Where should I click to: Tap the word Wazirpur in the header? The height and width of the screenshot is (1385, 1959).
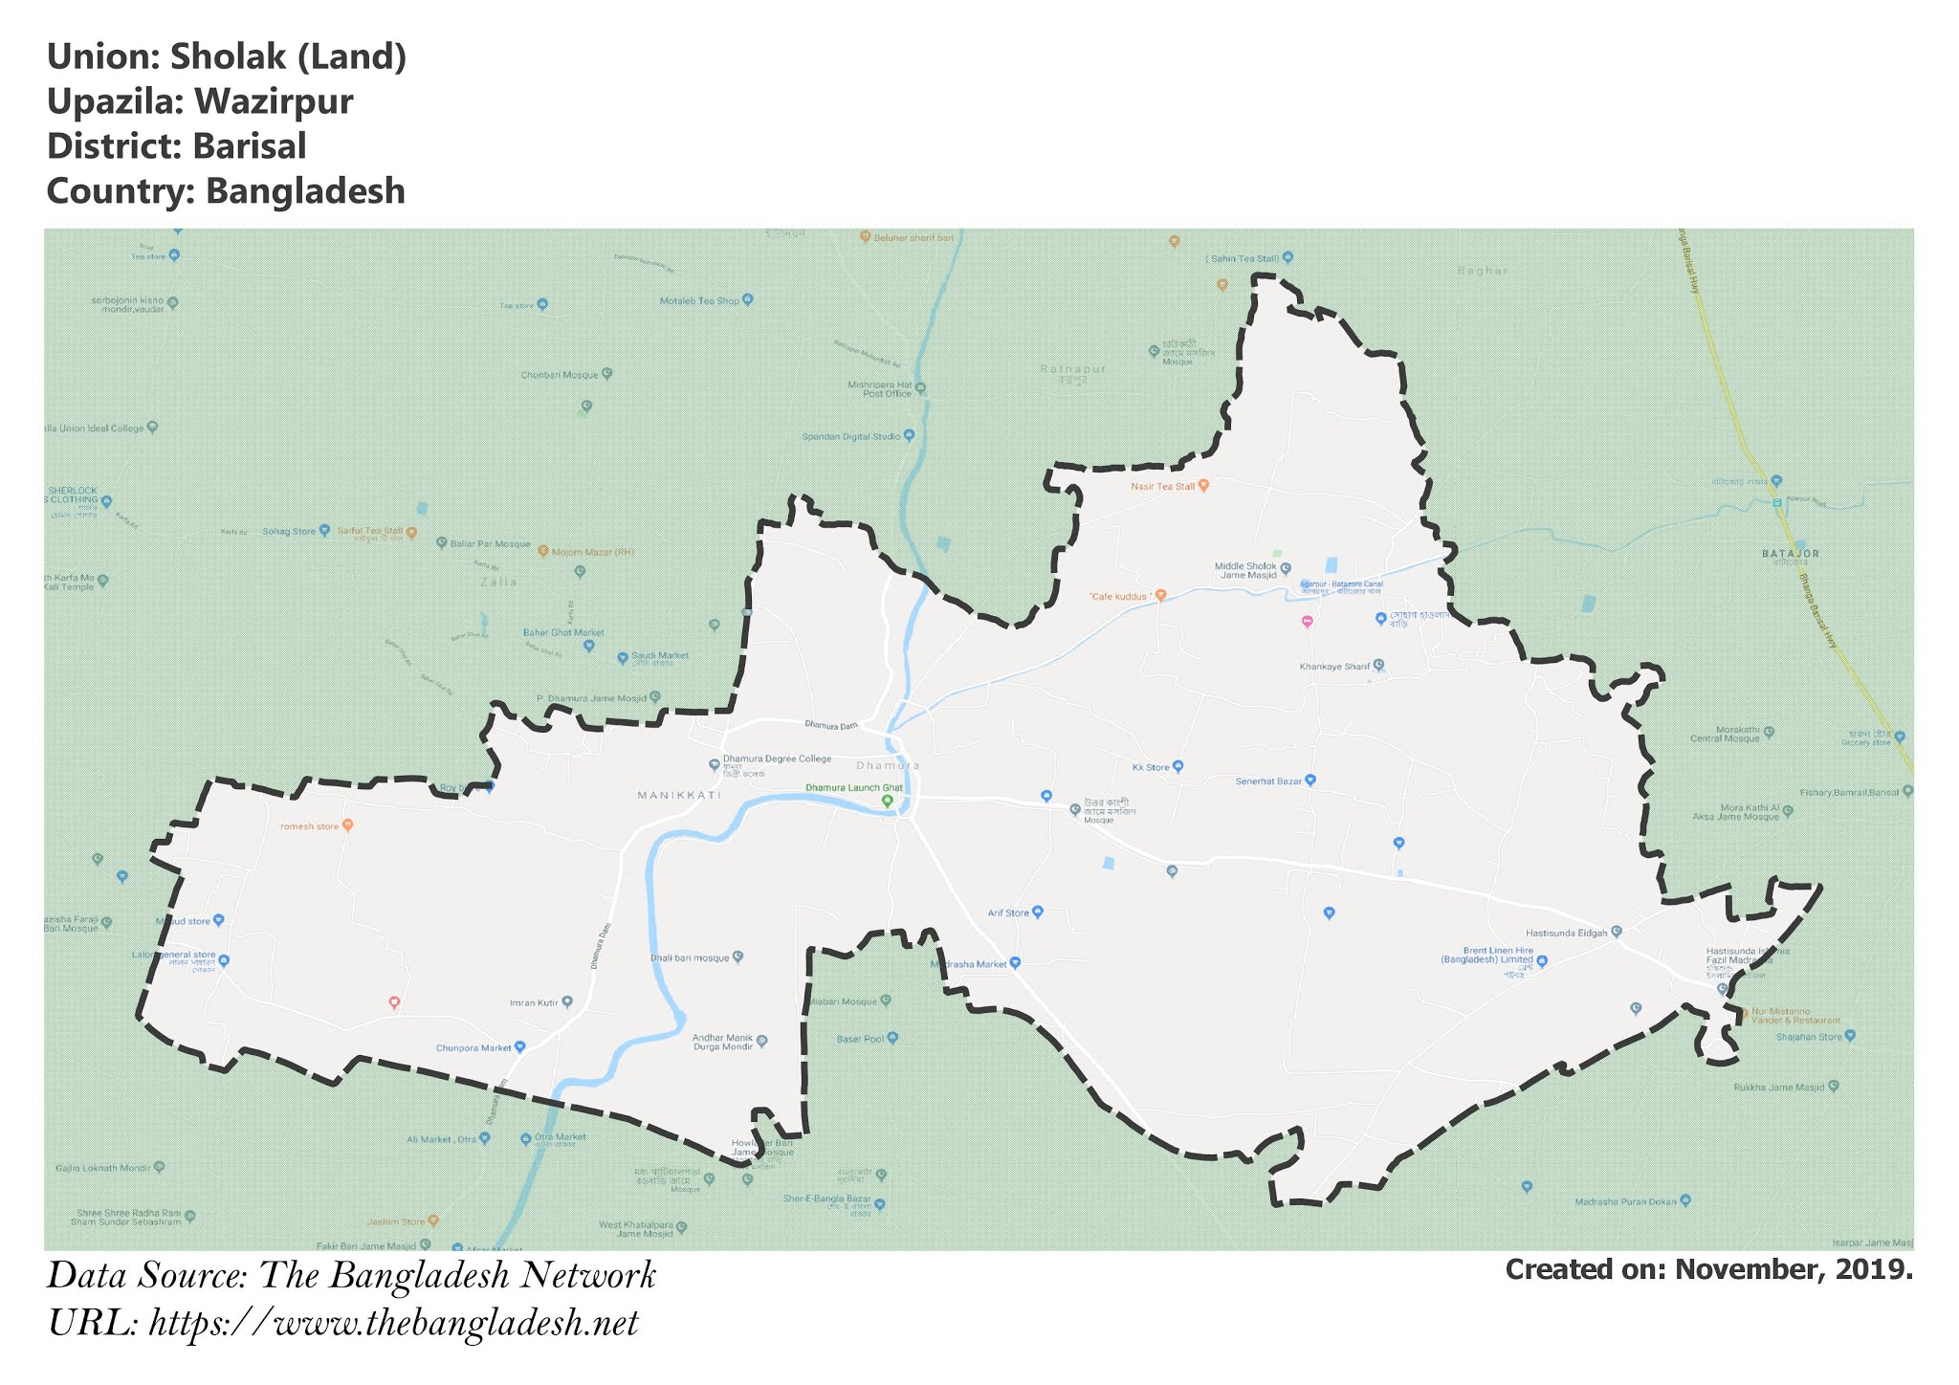[x=273, y=102]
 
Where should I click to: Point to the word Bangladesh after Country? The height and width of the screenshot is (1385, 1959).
[x=306, y=192]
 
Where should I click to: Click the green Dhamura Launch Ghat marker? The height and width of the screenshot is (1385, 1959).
[x=887, y=801]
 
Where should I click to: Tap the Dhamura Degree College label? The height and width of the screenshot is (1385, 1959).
[x=777, y=759]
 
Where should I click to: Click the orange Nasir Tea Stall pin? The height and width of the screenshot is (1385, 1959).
[x=1203, y=485]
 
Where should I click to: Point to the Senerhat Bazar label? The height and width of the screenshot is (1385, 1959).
[x=1268, y=781]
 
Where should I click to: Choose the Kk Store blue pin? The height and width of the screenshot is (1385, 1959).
[x=1178, y=766]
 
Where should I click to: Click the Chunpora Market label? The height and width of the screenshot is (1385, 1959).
[x=473, y=1047]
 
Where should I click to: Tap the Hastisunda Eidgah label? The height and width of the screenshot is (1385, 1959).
[x=1566, y=933]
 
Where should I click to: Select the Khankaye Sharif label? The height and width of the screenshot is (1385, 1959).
[x=1334, y=667]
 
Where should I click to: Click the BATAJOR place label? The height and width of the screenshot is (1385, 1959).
[x=1791, y=554]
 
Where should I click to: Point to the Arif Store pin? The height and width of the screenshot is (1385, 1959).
[x=1038, y=912]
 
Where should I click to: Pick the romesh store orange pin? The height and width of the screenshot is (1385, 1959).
[x=348, y=824]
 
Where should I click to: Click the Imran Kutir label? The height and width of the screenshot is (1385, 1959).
[x=534, y=1003]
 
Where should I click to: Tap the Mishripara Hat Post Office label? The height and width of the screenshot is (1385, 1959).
[x=880, y=389]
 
